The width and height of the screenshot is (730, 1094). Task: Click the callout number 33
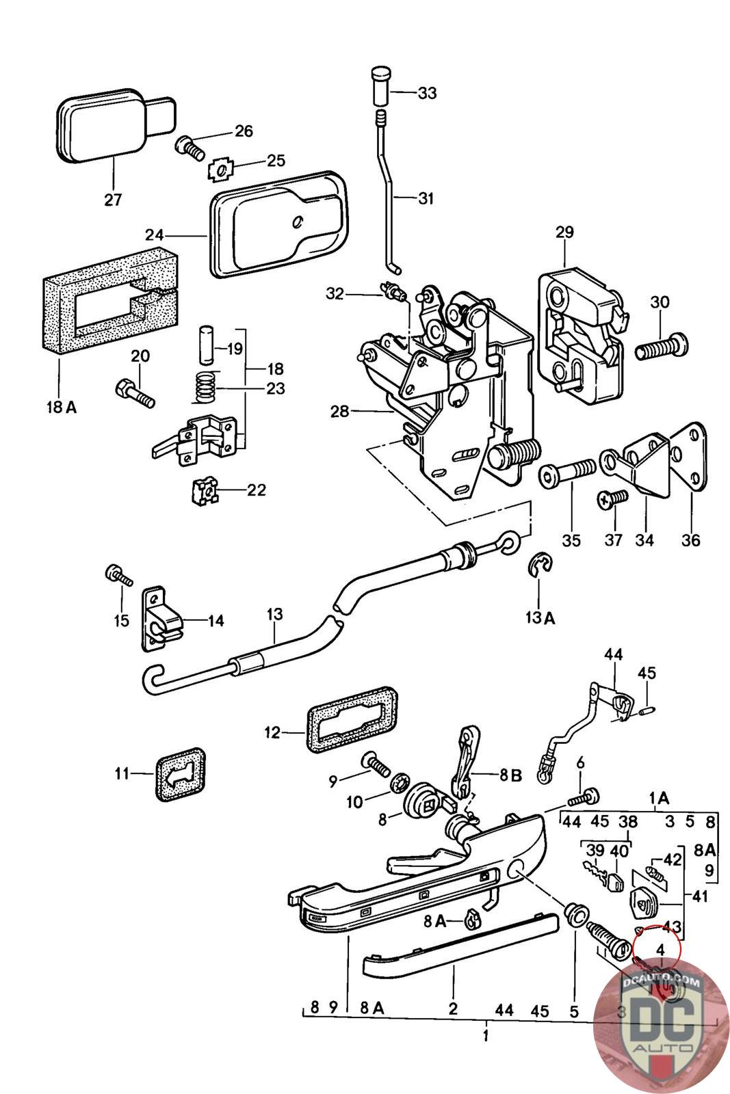(x=427, y=92)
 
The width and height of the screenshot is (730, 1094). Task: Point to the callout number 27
(x=113, y=200)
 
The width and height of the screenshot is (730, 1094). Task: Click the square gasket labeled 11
(x=180, y=775)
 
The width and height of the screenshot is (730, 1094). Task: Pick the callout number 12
(x=272, y=733)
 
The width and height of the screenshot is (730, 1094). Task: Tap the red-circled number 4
(x=660, y=950)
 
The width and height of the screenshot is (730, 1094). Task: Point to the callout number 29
(x=564, y=232)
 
